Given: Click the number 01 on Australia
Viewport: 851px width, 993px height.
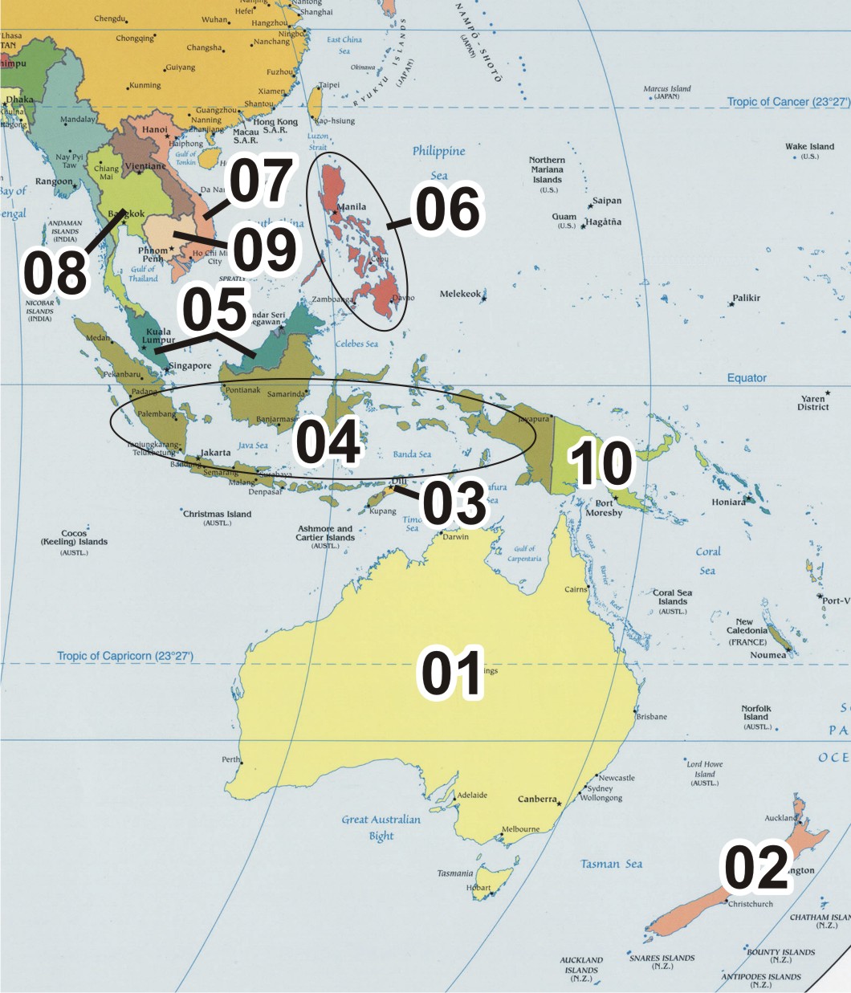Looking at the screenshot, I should (x=452, y=673).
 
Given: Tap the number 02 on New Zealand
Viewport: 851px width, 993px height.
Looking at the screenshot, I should (x=756, y=866).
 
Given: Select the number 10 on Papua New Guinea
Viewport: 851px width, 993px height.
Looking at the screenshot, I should (x=601, y=464).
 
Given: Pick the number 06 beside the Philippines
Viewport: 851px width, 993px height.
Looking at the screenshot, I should (x=447, y=210).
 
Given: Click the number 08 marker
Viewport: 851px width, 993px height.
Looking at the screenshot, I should (x=55, y=272).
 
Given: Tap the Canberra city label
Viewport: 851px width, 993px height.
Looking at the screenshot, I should (x=537, y=800).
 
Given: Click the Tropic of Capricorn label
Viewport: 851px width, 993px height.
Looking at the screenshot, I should (x=124, y=656).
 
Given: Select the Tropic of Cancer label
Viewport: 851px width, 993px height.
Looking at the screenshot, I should (x=788, y=102).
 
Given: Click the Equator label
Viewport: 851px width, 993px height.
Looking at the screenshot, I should (x=746, y=377).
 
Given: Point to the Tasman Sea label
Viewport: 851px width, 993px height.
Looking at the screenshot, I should (x=611, y=864).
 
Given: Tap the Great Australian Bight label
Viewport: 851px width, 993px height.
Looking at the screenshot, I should (x=381, y=827).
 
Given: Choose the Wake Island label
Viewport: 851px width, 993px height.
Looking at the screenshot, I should (x=809, y=148).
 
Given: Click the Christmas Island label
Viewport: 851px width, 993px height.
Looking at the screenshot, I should (x=217, y=514).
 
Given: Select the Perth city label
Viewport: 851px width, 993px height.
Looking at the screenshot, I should (x=230, y=759).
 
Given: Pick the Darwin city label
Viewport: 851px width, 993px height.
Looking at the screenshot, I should (x=456, y=537).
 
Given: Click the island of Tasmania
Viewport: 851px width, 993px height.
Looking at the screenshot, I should (x=493, y=879).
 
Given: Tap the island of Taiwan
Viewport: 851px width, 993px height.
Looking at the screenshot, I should (x=315, y=103).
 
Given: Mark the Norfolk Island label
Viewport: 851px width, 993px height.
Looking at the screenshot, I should (x=756, y=713).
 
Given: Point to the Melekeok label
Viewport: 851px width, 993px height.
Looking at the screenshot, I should (x=460, y=294).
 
